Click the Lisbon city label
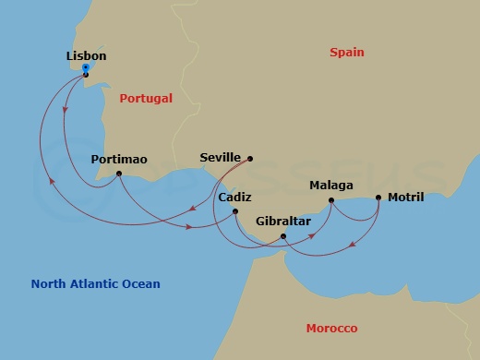point(86,56)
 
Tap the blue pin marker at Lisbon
point(85,69)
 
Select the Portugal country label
point(146,98)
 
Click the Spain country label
point(347,53)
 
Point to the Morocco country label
point(331,329)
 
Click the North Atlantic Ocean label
point(95,284)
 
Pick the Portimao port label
point(119,160)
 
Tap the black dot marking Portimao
point(119,174)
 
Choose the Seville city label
point(220,158)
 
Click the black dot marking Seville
point(250,158)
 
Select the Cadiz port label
point(235,198)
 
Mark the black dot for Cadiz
point(235,212)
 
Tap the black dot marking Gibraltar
point(282,237)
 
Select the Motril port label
point(406,197)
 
